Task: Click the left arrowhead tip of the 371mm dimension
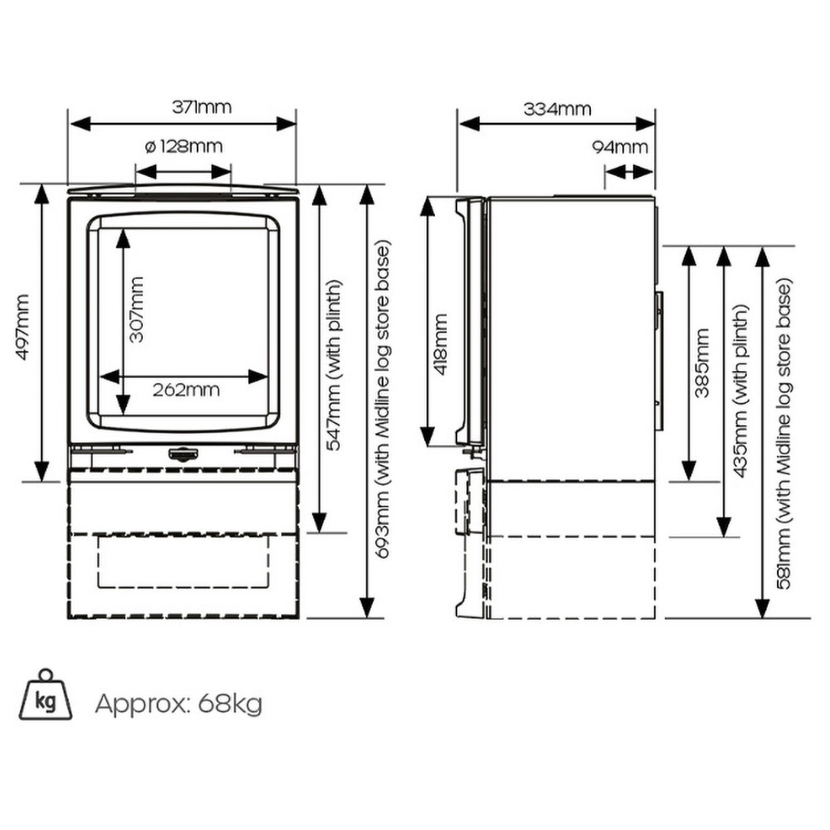click(70, 124)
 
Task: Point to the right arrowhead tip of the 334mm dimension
click(656, 124)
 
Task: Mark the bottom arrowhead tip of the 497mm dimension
click(41, 482)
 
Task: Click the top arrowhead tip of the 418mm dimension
click(427, 197)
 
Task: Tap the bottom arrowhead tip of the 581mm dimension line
click(762, 618)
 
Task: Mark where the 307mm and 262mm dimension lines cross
click(123, 377)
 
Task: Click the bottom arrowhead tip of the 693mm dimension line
click(367, 618)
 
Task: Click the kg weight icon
click(45, 695)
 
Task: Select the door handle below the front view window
click(183, 453)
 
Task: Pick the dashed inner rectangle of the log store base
click(183, 561)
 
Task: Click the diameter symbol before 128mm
click(150, 146)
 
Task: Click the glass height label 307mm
click(136, 310)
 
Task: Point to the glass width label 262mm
click(186, 390)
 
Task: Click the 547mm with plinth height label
click(334, 365)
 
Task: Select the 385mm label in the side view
click(702, 363)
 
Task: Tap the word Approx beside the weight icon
click(141, 705)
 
